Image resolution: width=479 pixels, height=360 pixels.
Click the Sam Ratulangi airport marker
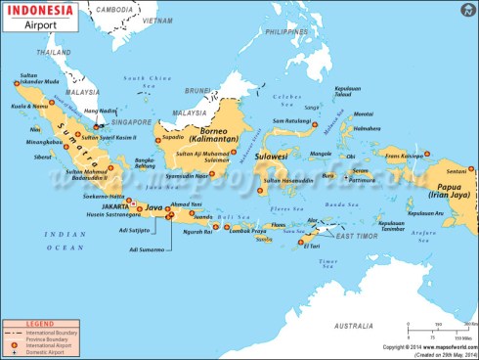pos(314,125)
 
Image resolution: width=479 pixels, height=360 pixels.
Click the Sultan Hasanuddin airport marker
pos(261,191)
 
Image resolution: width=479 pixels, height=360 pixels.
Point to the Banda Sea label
pos(336,204)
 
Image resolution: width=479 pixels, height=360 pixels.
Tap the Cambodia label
pos(113,9)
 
